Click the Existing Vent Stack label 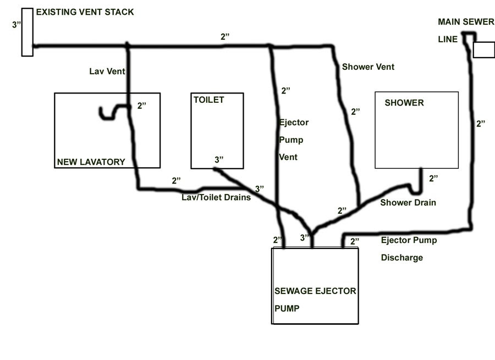tap(85, 12)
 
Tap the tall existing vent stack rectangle tap(27, 32)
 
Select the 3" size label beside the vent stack tap(16, 25)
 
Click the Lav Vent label tap(107, 71)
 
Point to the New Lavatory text tap(91, 162)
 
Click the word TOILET tap(208, 99)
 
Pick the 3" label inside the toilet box tap(219, 160)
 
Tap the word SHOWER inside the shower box tap(404, 103)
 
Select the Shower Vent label tap(368, 67)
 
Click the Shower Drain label tap(408, 202)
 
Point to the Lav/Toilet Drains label tap(216, 197)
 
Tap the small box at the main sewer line tap(483, 49)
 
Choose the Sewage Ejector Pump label tap(315, 291)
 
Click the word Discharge tap(402, 257)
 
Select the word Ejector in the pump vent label tap(294, 122)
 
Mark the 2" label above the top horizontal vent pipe tap(225, 37)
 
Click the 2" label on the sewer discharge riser tap(481, 124)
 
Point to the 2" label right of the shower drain tap(434, 178)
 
